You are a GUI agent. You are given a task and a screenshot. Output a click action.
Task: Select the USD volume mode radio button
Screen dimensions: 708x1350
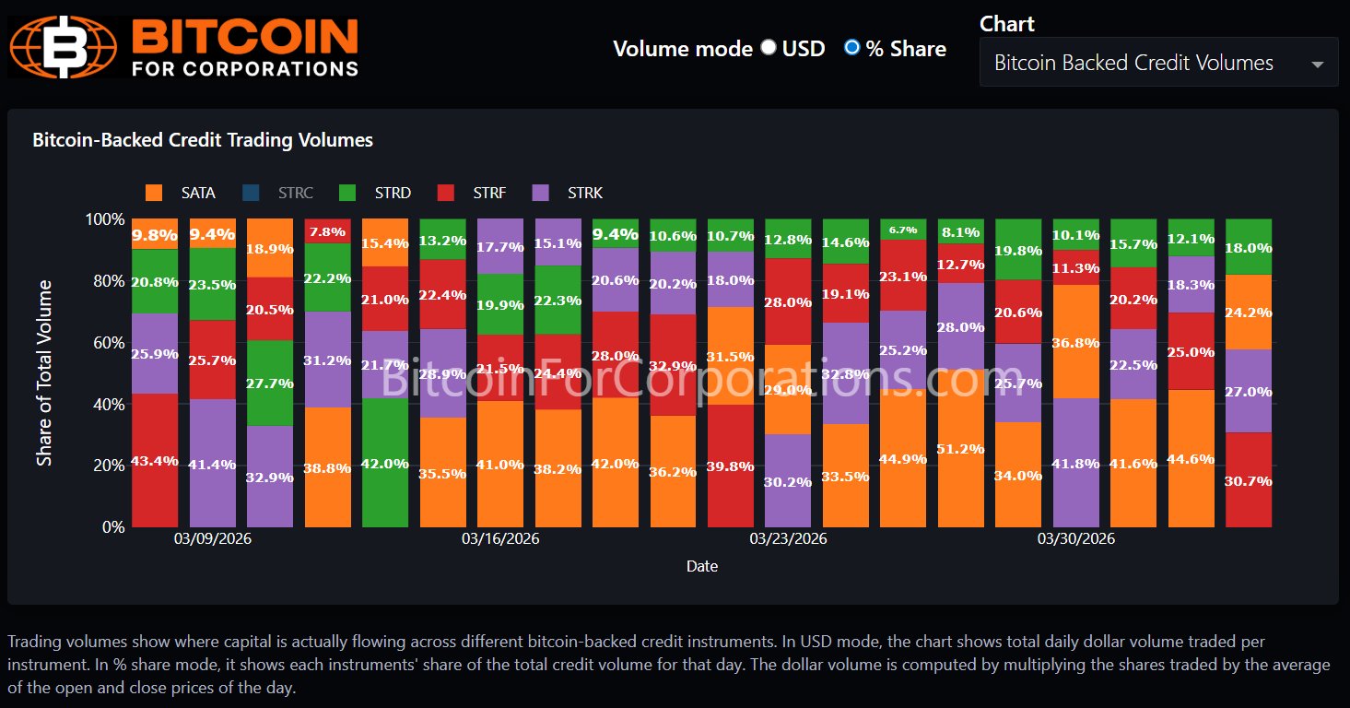pos(769,48)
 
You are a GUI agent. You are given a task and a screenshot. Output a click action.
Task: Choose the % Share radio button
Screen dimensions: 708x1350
pos(852,48)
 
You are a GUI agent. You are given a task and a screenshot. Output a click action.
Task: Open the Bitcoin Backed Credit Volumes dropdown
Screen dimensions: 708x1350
pos(1158,63)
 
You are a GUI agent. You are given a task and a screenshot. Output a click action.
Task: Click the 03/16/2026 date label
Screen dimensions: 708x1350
pos(500,538)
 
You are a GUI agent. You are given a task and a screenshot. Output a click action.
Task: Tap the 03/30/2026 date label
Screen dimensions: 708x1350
pos(1076,538)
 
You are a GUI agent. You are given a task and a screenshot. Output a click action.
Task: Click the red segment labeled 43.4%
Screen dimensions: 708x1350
pos(155,460)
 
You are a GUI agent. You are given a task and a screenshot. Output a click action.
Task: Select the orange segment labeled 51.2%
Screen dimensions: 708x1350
pos(961,448)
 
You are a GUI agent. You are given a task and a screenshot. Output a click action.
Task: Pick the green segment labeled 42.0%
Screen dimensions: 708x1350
pos(385,463)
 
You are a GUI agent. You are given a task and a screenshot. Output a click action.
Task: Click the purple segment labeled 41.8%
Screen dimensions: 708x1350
pos(1076,463)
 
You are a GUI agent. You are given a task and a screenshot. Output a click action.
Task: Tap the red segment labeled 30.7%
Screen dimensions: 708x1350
pos(1249,479)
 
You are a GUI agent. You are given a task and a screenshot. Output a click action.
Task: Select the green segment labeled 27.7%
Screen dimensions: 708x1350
pos(270,383)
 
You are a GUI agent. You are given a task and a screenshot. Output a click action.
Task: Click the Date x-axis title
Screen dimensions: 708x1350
pos(702,566)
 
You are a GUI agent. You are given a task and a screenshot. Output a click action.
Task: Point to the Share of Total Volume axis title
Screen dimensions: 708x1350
pos(44,372)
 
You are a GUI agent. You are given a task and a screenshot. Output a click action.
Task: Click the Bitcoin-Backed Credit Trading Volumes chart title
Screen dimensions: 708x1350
pos(203,140)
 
